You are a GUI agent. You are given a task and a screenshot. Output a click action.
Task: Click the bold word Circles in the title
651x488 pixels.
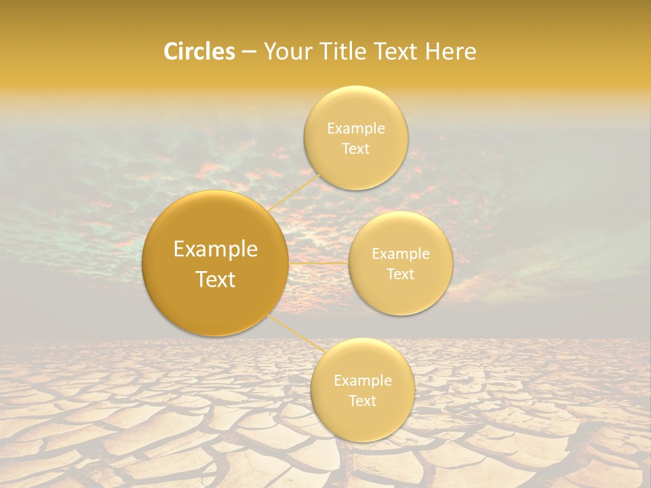pyautogui.click(x=199, y=52)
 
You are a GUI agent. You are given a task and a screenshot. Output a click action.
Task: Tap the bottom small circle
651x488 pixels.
pyautogui.click(x=362, y=420)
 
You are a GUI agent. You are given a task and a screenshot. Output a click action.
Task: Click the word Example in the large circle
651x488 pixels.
pyautogui.click(x=216, y=249)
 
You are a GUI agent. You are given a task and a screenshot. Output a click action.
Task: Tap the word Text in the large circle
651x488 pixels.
pyautogui.click(x=216, y=279)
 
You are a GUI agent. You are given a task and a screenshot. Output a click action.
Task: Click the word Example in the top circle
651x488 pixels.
pyautogui.click(x=356, y=129)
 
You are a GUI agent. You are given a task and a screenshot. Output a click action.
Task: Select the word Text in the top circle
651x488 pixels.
pyautogui.click(x=356, y=149)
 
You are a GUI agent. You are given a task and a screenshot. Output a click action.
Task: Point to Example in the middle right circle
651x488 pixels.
pyautogui.click(x=401, y=254)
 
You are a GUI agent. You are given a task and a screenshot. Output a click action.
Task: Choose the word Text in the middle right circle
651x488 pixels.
pyautogui.click(x=401, y=274)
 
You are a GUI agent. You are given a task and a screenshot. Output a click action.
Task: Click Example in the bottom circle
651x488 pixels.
pyautogui.click(x=363, y=381)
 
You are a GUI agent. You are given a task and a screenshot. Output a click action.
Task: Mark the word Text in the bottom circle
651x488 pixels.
pyautogui.click(x=363, y=401)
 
